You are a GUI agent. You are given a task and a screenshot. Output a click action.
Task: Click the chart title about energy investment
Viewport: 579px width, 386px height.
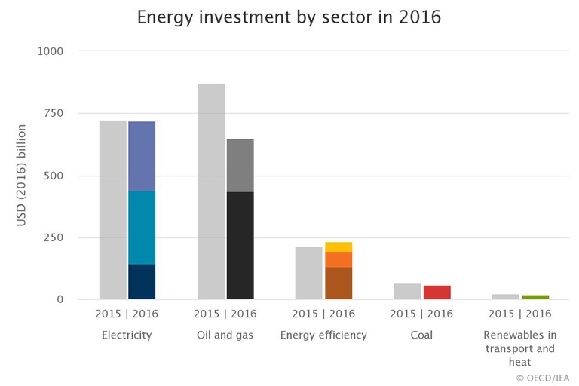[289, 17]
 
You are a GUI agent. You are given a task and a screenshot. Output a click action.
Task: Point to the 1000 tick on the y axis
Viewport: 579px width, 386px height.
[51, 51]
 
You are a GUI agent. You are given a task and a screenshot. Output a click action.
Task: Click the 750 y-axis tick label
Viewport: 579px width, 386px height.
[54, 114]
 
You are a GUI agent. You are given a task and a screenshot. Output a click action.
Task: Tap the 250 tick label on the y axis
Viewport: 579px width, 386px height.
[54, 237]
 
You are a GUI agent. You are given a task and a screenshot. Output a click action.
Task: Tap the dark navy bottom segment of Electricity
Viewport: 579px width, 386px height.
[142, 282]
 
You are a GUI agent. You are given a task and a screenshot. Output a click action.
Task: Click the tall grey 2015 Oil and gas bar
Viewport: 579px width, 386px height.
[211, 191]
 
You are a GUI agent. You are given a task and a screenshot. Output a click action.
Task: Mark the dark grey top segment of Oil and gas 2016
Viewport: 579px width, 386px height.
[240, 165]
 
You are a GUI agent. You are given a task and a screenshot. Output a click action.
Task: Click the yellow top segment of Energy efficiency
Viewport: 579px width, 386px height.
[339, 247]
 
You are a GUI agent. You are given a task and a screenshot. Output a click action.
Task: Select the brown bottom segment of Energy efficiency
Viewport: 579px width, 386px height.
[339, 283]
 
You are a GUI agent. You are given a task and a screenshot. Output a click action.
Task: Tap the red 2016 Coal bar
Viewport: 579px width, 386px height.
[437, 293]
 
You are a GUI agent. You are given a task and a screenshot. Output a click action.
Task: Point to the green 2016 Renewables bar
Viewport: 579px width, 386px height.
[535, 297]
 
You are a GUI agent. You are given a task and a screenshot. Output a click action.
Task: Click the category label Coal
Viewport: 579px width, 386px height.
[422, 335]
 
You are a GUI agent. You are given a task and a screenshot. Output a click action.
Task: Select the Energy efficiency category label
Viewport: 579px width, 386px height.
[323, 335]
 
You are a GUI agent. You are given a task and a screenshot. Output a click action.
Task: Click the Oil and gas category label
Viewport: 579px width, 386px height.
[225, 335]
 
